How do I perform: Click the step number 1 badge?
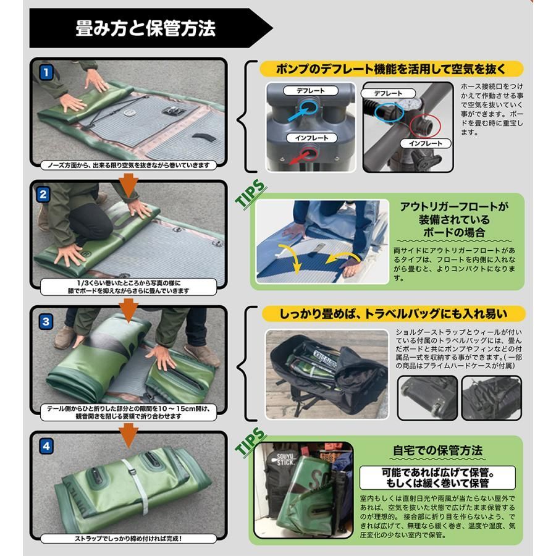[x=46, y=73]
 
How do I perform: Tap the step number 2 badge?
[x=43, y=195]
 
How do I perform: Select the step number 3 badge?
[x=46, y=322]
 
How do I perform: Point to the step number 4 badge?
[x=46, y=446]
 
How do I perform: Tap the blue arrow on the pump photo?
[x=299, y=112]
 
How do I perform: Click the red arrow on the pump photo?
[x=300, y=158]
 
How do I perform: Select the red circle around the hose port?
[x=425, y=126]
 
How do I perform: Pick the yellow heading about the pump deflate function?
[x=392, y=69]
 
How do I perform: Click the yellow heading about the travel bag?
[x=394, y=314]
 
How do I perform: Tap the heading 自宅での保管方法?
[x=437, y=450]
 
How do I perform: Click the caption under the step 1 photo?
[x=128, y=165]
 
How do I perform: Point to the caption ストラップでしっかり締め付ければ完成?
[x=128, y=539]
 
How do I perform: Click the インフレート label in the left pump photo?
[x=312, y=138]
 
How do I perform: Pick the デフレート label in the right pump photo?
[x=388, y=93]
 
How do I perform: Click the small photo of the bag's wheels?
[x=428, y=398]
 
